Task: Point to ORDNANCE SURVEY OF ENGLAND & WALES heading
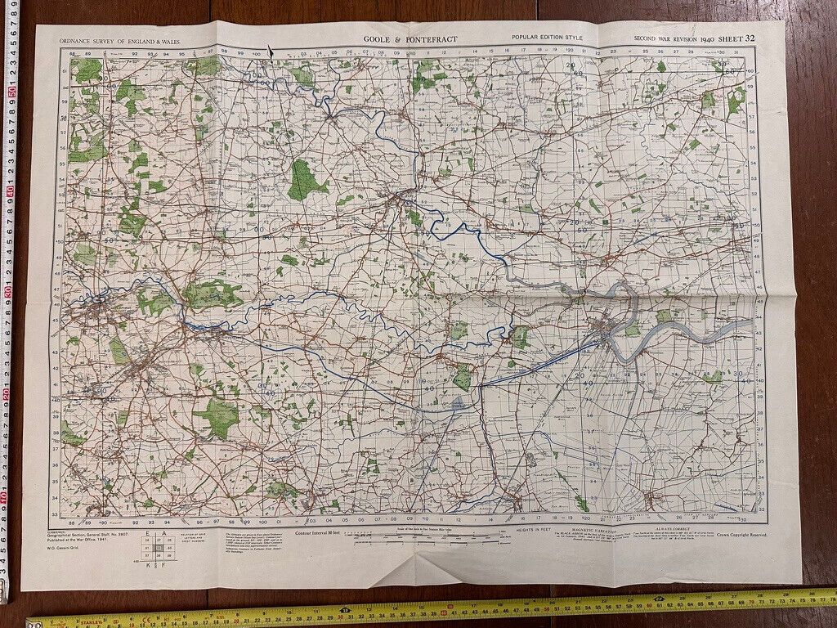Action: (120, 40)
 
